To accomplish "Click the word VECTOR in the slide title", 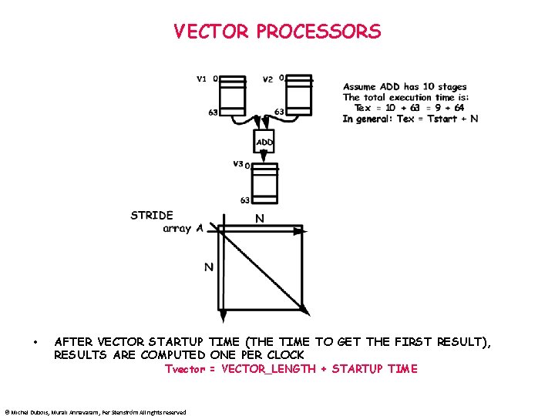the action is pos(211,32).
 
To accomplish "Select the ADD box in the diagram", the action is pos(264,143).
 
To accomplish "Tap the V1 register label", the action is pos(202,78).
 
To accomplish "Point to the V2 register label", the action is pos(267,79).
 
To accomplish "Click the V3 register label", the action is pos(239,163).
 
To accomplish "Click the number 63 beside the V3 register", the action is pos(244,200).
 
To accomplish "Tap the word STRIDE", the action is pos(152,215).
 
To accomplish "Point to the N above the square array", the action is pos(260,219).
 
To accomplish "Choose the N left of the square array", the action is pos(208,267).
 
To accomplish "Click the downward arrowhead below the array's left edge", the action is pos(222,315).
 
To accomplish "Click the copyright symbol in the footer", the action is pos(6,412).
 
